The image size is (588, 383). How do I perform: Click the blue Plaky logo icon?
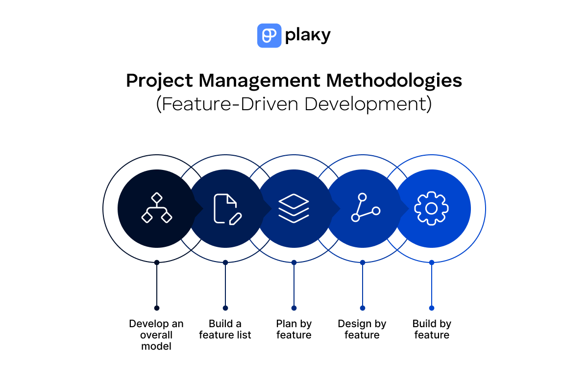coord(269,36)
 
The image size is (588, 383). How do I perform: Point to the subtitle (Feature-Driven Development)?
coord(294,104)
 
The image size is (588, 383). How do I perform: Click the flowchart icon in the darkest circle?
coord(157,208)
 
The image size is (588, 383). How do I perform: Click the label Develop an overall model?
coord(156,335)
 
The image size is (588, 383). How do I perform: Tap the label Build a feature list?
coord(225,330)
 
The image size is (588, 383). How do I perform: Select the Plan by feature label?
coord(294,330)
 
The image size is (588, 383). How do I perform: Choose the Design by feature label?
coord(362,330)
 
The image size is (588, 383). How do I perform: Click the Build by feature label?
coord(432,330)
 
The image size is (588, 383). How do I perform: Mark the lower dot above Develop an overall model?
coord(157,308)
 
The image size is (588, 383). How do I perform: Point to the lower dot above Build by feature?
coord(432,308)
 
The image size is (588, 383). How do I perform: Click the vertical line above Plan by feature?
coord(294,285)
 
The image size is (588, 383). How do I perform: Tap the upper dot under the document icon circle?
coord(225,263)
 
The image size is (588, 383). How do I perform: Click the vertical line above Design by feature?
coord(363,285)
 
